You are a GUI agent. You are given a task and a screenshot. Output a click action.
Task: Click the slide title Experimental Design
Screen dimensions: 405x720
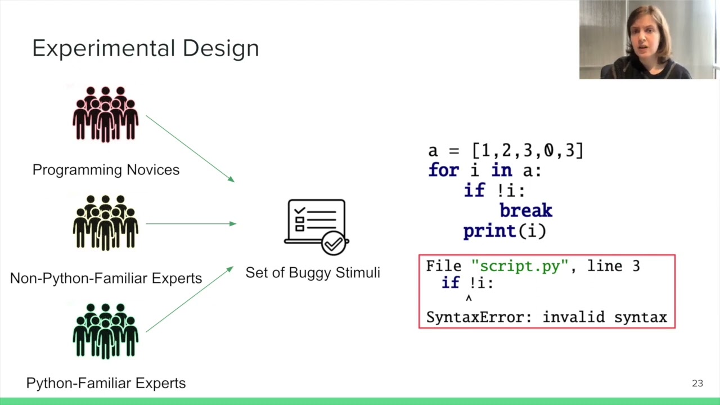click(145, 48)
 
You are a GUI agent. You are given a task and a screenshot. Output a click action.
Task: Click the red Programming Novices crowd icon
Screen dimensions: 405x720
click(105, 114)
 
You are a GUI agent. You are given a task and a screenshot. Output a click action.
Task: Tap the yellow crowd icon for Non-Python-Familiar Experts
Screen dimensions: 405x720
click(105, 223)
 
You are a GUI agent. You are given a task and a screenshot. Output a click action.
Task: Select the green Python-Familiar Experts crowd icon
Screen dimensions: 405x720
click(105, 331)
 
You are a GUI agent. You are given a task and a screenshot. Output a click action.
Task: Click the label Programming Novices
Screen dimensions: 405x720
click(106, 170)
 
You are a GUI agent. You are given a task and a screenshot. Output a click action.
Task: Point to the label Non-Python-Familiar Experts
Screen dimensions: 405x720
click(106, 278)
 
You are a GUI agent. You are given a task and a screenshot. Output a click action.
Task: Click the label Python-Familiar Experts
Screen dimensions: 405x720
click(106, 383)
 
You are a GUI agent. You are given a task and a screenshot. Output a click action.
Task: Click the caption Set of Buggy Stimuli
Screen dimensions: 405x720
click(313, 273)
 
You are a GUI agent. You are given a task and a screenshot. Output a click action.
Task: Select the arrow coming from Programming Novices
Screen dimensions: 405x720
click(190, 148)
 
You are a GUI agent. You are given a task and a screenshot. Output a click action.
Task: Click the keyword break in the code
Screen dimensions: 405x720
click(525, 211)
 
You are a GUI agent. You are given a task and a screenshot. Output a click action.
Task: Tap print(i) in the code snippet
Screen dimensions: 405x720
click(505, 231)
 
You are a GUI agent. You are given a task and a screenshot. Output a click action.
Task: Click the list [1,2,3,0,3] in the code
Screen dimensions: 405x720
click(528, 151)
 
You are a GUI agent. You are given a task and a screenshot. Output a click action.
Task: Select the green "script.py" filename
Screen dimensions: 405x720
click(520, 266)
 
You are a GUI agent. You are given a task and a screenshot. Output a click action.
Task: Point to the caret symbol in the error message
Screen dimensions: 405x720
click(469, 299)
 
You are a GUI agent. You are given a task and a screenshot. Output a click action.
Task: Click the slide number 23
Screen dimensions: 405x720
click(697, 383)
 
